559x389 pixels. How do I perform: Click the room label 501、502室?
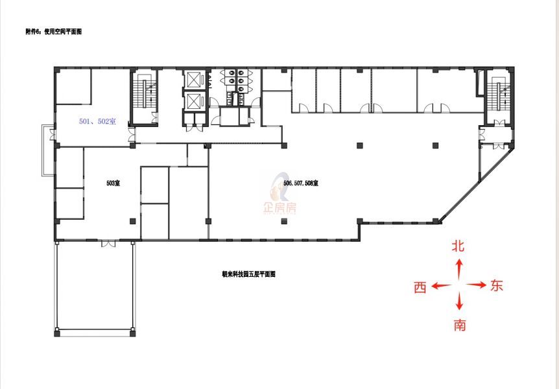click(x=97, y=121)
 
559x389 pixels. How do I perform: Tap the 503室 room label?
click(x=113, y=183)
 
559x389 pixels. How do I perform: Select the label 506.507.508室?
click(x=300, y=183)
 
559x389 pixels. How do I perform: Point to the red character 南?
click(x=460, y=325)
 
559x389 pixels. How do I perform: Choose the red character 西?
click(x=420, y=287)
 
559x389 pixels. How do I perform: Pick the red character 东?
click(x=496, y=285)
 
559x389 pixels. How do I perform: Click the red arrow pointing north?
click(x=459, y=268)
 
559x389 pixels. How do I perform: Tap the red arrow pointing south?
click(x=459, y=301)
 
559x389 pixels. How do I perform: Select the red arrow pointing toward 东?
click(x=477, y=285)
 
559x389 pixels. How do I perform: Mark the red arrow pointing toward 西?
click(x=442, y=286)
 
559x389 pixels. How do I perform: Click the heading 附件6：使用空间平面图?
click(x=53, y=32)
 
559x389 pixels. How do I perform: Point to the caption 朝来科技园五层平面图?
click(x=248, y=274)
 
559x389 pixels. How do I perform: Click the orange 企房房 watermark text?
click(x=279, y=208)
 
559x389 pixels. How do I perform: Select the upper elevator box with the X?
click(x=194, y=79)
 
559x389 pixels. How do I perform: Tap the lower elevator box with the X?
click(x=194, y=101)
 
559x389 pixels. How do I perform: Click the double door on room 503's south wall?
click(x=108, y=244)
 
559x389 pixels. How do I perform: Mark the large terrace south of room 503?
click(x=95, y=287)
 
